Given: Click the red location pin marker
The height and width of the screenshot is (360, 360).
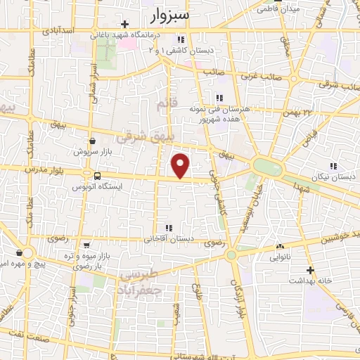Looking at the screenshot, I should pyautogui.click(x=181, y=167).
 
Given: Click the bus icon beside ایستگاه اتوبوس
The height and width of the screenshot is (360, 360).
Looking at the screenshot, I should pyautogui.click(x=96, y=176).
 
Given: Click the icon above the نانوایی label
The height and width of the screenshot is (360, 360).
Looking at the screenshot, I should pyautogui.click(x=280, y=246).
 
